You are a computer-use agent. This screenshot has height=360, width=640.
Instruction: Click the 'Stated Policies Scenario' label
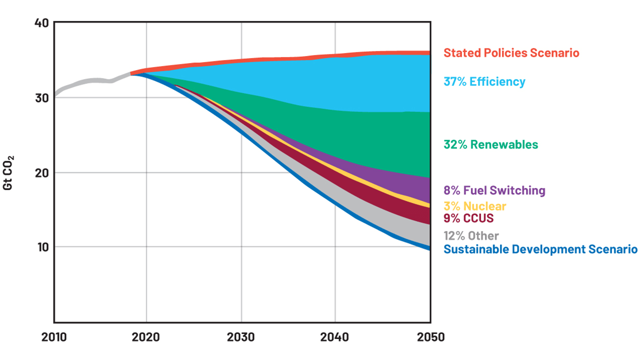pyautogui.click(x=511, y=53)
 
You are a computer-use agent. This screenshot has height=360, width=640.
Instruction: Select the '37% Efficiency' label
pyautogui.click(x=484, y=81)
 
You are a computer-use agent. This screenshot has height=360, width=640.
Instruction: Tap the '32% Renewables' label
pyautogui.click(x=491, y=145)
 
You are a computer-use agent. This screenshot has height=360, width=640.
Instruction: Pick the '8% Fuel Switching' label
pyautogui.click(x=494, y=190)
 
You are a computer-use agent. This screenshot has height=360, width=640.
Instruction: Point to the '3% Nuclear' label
pyautogui.click(x=475, y=206)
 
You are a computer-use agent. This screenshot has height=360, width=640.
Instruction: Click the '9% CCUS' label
pyautogui.click(x=468, y=218)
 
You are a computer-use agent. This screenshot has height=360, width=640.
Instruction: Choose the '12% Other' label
pyautogui.click(x=471, y=235)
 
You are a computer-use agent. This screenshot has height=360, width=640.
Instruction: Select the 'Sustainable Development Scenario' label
pyautogui.click(x=540, y=249)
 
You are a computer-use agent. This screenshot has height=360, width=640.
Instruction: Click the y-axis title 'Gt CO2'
pyautogui.click(x=9, y=172)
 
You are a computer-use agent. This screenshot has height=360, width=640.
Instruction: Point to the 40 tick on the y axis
pyautogui.click(x=41, y=23)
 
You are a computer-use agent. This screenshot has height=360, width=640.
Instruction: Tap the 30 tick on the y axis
pyautogui.click(x=41, y=98)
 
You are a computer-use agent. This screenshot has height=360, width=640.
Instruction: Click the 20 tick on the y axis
pyautogui.click(x=41, y=173)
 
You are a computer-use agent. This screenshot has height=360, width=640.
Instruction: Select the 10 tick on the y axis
pyautogui.click(x=41, y=247)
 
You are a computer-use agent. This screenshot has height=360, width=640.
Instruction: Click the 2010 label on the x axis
pyautogui.click(x=54, y=337)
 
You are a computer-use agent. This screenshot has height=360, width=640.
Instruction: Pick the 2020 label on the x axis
pyautogui.click(x=146, y=337)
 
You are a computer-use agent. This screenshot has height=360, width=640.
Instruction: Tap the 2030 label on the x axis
pyautogui.click(x=241, y=337)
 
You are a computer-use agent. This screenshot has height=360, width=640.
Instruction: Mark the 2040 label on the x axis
pyautogui.click(x=335, y=337)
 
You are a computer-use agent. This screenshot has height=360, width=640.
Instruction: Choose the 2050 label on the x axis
pyautogui.click(x=430, y=337)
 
